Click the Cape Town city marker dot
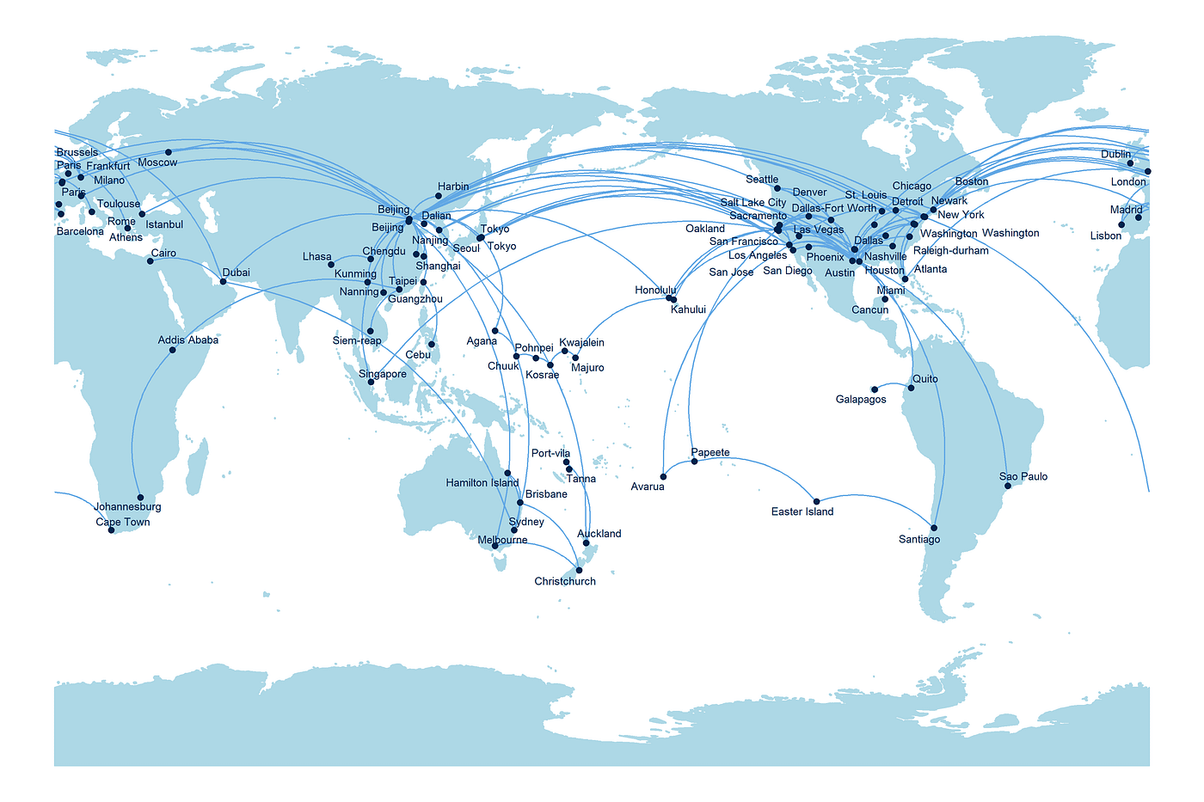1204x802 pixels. click(x=111, y=530)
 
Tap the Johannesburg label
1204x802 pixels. click(x=127, y=507)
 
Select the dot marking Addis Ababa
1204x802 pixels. click(x=173, y=350)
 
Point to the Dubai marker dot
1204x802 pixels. click(x=224, y=282)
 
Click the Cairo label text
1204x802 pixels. click(x=163, y=254)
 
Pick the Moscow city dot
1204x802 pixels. click(x=169, y=152)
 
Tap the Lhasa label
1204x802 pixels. click(x=316, y=257)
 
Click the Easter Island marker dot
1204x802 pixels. click(x=816, y=501)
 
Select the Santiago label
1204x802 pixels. click(x=919, y=540)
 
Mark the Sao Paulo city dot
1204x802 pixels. click(x=1008, y=487)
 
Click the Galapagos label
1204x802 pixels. click(x=861, y=400)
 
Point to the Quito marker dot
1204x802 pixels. click(x=912, y=388)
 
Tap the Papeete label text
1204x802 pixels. click(x=710, y=453)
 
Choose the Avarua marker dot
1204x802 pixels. click(x=663, y=477)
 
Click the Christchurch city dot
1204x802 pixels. click(x=579, y=571)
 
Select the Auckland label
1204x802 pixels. click(x=599, y=534)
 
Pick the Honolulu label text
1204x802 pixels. click(x=656, y=291)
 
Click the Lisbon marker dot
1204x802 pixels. click(x=1121, y=225)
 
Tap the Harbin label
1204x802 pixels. click(x=453, y=187)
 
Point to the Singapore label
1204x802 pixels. click(x=383, y=375)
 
